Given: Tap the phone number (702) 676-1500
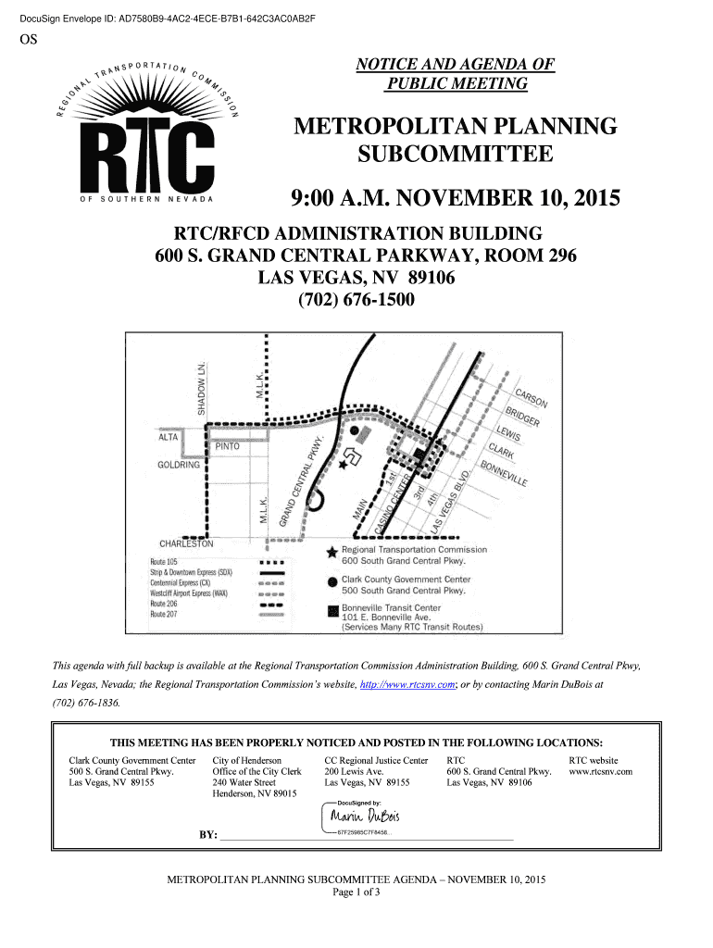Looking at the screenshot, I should (x=356, y=301).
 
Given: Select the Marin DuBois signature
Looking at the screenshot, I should (x=368, y=817).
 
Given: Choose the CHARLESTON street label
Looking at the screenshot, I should (x=186, y=543).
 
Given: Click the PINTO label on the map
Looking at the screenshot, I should (x=228, y=446).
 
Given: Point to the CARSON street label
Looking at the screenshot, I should (x=532, y=395).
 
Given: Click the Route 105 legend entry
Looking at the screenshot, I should (x=164, y=562).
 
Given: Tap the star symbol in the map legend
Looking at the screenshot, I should (x=331, y=552).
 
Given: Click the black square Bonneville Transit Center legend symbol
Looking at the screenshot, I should (x=331, y=610).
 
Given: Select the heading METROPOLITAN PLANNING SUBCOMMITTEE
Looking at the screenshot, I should (x=454, y=140).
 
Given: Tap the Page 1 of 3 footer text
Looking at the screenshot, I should (x=356, y=892).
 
